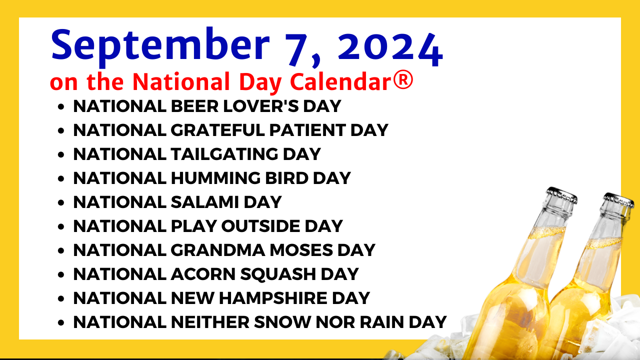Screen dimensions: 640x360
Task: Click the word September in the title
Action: [x=160, y=47]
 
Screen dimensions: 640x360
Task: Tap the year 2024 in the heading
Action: [x=390, y=49]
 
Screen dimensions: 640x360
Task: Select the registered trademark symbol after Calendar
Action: [x=403, y=80]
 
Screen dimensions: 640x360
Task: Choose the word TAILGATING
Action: [x=224, y=154]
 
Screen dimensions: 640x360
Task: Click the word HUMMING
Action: [x=215, y=178]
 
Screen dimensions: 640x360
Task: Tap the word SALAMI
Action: [x=205, y=202]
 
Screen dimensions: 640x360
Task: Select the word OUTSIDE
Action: [x=260, y=226]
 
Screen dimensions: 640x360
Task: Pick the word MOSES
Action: [x=301, y=250]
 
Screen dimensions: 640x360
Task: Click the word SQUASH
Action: [x=278, y=274]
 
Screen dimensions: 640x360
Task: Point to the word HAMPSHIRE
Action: [x=273, y=298]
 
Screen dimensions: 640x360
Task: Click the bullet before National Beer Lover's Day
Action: [x=61, y=107]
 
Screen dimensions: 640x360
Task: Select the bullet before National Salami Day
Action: [x=61, y=203]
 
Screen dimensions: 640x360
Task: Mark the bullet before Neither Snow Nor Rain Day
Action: [x=61, y=323]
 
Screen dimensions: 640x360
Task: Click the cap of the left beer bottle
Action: [x=561, y=195]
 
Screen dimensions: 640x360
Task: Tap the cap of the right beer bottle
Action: [x=619, y=200]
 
